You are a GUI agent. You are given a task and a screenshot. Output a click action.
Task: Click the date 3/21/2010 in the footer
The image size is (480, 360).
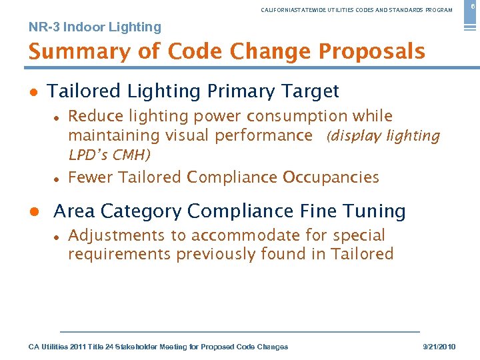[x=440, y=347]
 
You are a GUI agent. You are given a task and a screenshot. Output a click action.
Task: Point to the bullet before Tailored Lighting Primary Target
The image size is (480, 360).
[x=33, y=92]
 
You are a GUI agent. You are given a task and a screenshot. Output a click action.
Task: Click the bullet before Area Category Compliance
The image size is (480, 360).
[x=33, y=212]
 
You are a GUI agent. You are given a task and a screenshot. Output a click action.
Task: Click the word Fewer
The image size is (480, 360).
[x=91, y=177]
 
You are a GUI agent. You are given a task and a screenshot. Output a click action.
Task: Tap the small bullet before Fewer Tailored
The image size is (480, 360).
[x=57, y=179]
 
